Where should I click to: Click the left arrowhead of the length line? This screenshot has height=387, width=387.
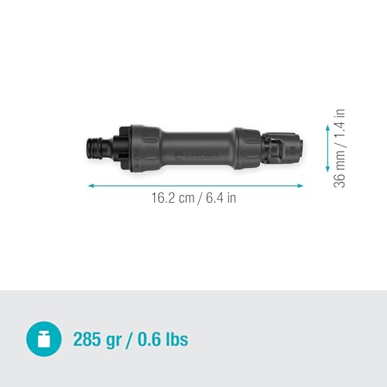(x=91, y=186)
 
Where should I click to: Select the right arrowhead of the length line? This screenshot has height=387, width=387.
(x=301, y=186)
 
